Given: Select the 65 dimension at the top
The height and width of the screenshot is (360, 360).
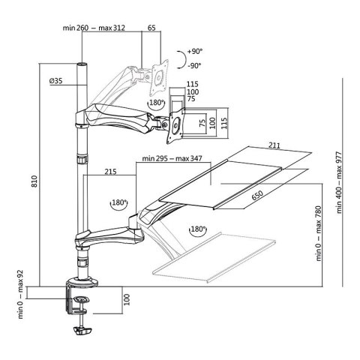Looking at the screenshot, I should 152,28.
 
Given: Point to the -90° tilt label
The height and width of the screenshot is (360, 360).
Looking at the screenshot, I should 197,66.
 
